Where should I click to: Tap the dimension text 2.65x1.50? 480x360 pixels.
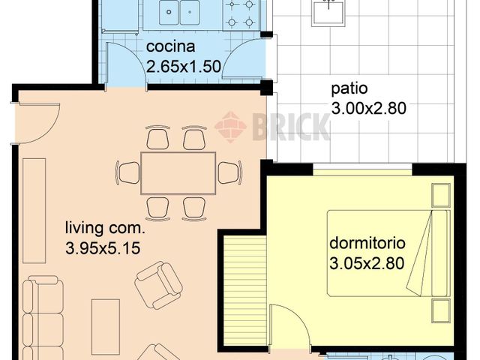pyautogui.click(x=183, y=66)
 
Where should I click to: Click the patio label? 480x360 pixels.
pyautogui.click(x=350, y=88)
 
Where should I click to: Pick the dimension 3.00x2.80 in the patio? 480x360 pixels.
pyautogui.click(x=368, y=108)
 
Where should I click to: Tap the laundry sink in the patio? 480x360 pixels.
pyautogui.click(x=327, y=11)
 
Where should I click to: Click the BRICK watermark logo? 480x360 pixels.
pyautogui.click(x=273, y=125)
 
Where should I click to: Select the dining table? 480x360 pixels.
pyautogui.click(x=178, y=172)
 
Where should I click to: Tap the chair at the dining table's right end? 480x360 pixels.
pyautogui.click(x=229, y=172)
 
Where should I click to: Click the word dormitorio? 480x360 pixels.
pyautogui.click(x=367, y=244)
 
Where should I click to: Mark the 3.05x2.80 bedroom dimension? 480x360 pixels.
pyautogui.click(x=367, y=263)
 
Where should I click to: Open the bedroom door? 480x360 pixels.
pyautogui.click(x=289, y=326)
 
